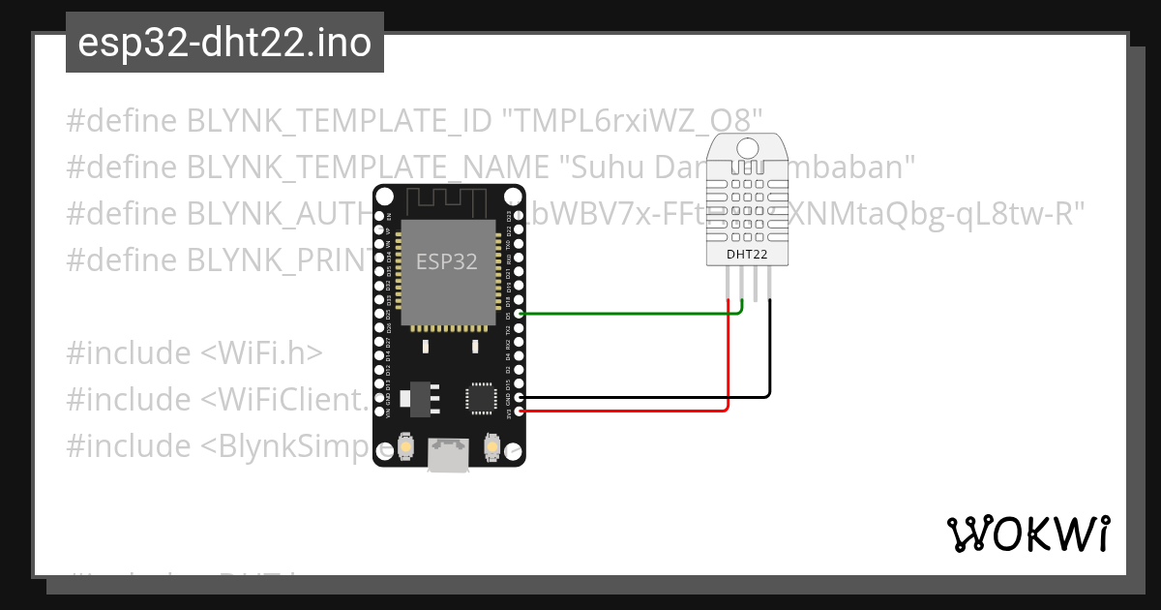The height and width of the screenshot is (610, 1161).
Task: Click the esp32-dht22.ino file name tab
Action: click(x=224, y=43)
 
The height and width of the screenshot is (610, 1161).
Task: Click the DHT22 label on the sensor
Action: click(x=747, y=255)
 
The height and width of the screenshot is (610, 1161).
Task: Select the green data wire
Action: click(x=629, y=314)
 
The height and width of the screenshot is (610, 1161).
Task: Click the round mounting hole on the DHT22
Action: click(x=747, y=148)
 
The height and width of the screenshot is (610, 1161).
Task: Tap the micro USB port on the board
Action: click(x=448, y=456)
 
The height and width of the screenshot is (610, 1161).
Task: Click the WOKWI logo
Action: click(x=1027, y=534)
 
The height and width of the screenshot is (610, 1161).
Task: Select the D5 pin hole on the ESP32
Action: click(x=521, y=314)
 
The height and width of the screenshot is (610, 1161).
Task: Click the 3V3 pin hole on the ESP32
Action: click(x=521, y=411)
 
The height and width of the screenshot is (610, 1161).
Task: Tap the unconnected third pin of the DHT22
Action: click(x=757, y=285)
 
